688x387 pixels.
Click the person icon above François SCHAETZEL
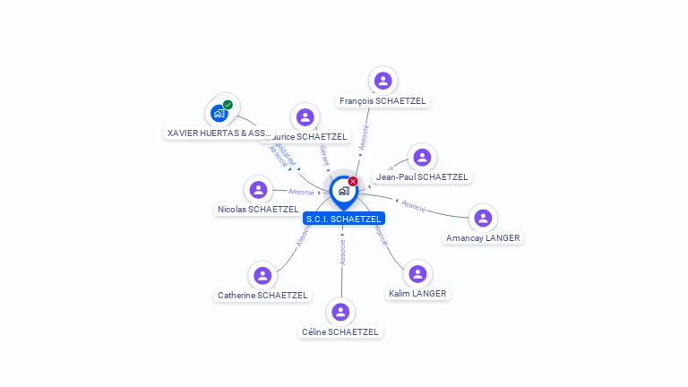pyautogui.click(x=383, y=81)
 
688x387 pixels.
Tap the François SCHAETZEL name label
pyautogui.click(x=383, y=101)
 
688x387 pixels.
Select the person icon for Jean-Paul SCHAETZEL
pyautogui.click(x=422, y=157)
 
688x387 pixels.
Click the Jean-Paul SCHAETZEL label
pyautogui.click(x=422, y=177)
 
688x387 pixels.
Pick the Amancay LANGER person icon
pyautogui.click(x=483, y=218)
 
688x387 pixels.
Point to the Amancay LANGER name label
pyautogui.click(x=483, y=238)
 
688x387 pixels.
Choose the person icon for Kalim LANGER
pyautogui.click(x=417, y=273)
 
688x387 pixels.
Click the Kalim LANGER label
pyautogui.click(x=417, y=294)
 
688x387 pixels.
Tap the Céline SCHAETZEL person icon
pyautogui.click(x=340, y=312)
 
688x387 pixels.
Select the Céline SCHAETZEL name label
pyautogui.click(x=340, y=332)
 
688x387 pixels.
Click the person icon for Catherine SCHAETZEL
pyautogui.click(x=262, y=275)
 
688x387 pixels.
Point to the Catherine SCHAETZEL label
pyautogui.click(x=262, y=296)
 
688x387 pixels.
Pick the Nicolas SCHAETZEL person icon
pyautogui.click(x=258, y=189)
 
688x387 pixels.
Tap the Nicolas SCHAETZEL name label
pyautogui.click(x=258, y=210)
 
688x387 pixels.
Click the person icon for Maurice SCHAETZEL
pyautogui.click(x=305, y=116)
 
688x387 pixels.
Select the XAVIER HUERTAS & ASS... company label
pyautogui.click(x=219, y=133)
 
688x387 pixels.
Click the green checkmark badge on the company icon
pyautogui.click(x=228, y=105)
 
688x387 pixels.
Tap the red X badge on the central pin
pyautogui.click(x=353, y=182)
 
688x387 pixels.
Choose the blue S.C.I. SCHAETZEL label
pyautogui.click(x=344, y=219)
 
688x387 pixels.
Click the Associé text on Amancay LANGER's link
pyautogui.click(x=413, y=206)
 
